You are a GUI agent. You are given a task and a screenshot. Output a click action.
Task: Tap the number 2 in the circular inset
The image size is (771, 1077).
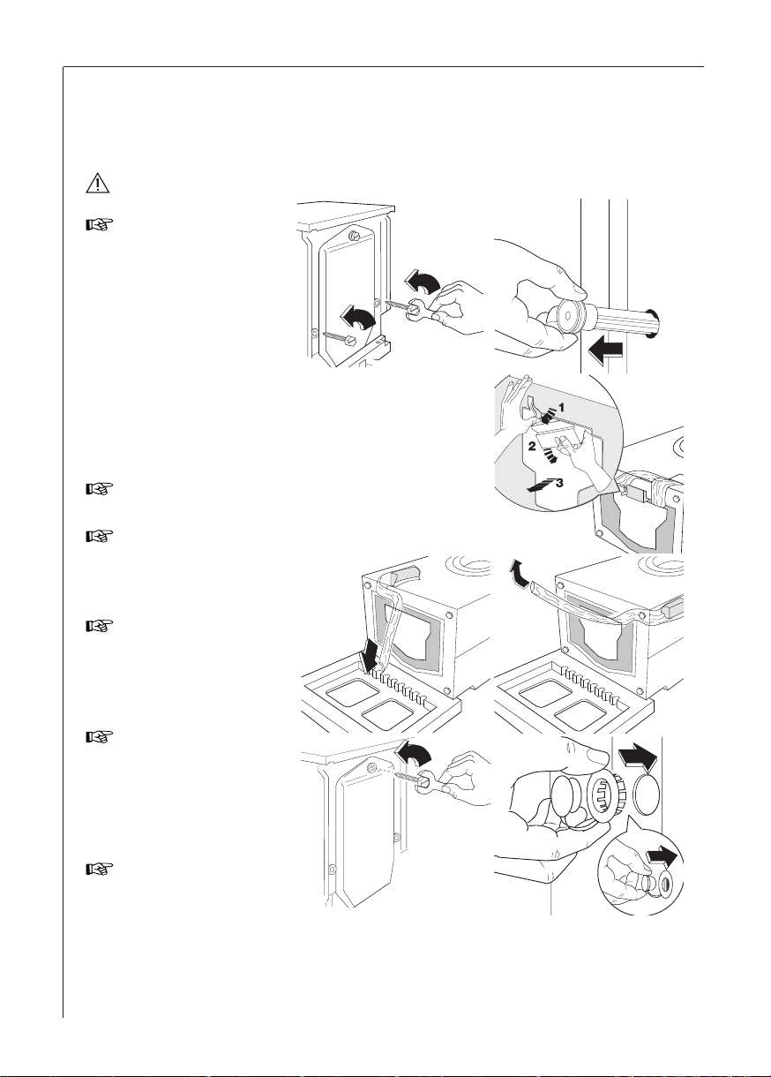click(x=533, y=447)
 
